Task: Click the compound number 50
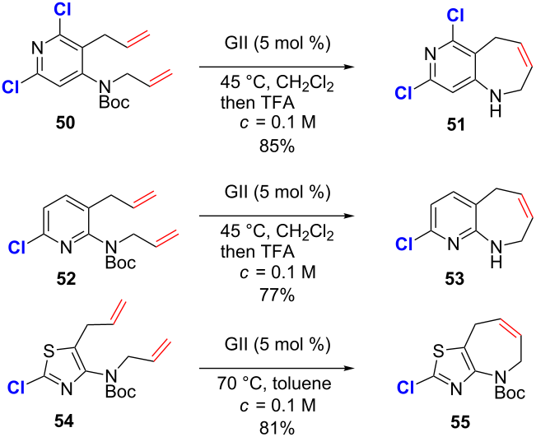[65, 123]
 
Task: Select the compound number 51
[455, 125]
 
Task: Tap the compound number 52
[66, 279]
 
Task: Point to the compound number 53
[454, 280]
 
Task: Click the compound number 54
[64, 421]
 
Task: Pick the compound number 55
[459, 422]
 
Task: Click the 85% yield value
[277, 146]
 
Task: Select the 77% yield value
[277, 295]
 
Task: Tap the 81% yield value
[277, 429]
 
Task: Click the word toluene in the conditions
[302, 384]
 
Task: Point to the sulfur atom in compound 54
[49, 351]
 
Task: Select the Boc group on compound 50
[114, 101]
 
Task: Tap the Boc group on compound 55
[510, 393]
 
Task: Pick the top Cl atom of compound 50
[63, 10]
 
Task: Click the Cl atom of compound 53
[403, 244]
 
